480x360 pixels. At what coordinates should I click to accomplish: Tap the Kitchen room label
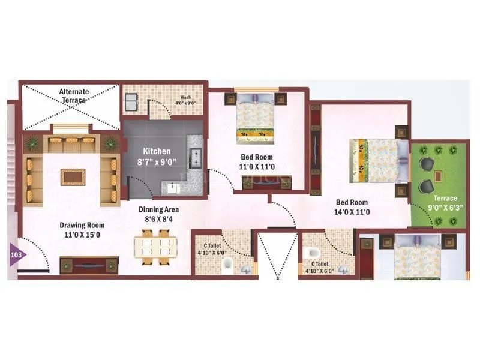pyautogui.click(x=156, y=157)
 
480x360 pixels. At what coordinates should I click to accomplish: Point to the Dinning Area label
pyautogui.click(x=159, y=215)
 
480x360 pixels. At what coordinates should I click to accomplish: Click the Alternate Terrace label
pyautogui.click(x=74, y=95)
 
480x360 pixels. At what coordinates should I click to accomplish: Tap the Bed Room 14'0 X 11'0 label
pyautogui.click(x=352, y=207)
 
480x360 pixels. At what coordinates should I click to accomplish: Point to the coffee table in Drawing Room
pyautogui.click(x=73, y=176)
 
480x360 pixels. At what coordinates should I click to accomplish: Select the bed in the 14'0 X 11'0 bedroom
pyautogui.click(x=375, y=160)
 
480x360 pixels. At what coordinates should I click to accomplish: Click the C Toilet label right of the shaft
pyautogui.click(x=319, y=267)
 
